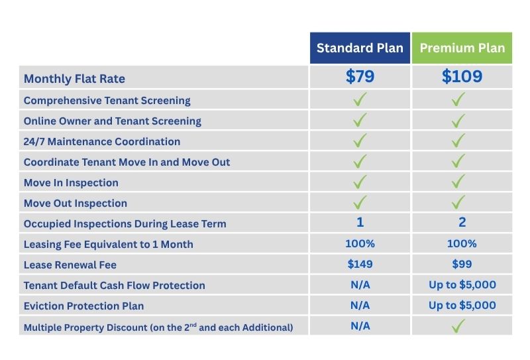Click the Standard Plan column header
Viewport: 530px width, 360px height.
pyautogui.click(x=360, y=48)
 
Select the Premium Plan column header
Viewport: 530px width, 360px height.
pyautogui.click(x=462, y=48)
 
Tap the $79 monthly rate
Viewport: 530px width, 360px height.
pyautogui.click(x=360, y=76)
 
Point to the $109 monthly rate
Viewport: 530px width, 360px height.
pyautogui.click(x=462, y=76)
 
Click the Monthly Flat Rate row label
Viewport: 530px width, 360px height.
pyautogui.click(x=74, y=79)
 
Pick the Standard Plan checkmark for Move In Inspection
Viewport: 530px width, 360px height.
pyautogui.click(x=360, y=182)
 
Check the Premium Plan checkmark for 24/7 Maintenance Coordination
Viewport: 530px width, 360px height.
pyautogui.click(x=458, y=141)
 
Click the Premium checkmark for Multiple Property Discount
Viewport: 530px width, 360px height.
pyautogui.click(x=458, y=326)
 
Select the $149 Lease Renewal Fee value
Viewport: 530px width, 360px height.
pyautogui.click(x=360, y=265)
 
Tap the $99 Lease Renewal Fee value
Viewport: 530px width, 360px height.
pyautogui.click(x=462, y=265)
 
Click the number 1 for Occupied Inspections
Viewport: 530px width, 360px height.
pyautogui.click(x=360, y=222)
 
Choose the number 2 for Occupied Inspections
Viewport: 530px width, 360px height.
pyautogui.click(x=462, y=222)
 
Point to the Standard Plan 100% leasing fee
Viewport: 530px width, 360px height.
pyautogui.click(x=360, y=243)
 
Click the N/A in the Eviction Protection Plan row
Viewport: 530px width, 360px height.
pyautogui.click(x=360, y=305)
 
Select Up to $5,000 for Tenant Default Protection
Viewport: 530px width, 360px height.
pyautogui.click(x=462, y=285)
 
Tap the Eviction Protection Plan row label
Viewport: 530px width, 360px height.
pyautogui.click(x=84, y=306)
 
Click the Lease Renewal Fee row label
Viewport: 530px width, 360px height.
pyautogui.click(x=70, y=265)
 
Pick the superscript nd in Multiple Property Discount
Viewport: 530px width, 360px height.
pyautogui.click(x=193, y=325)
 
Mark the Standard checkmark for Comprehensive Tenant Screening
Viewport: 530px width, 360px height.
pyautogui.click(x=360, y=99)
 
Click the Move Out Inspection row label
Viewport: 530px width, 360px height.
pyautogui.click(x=76, y=204)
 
